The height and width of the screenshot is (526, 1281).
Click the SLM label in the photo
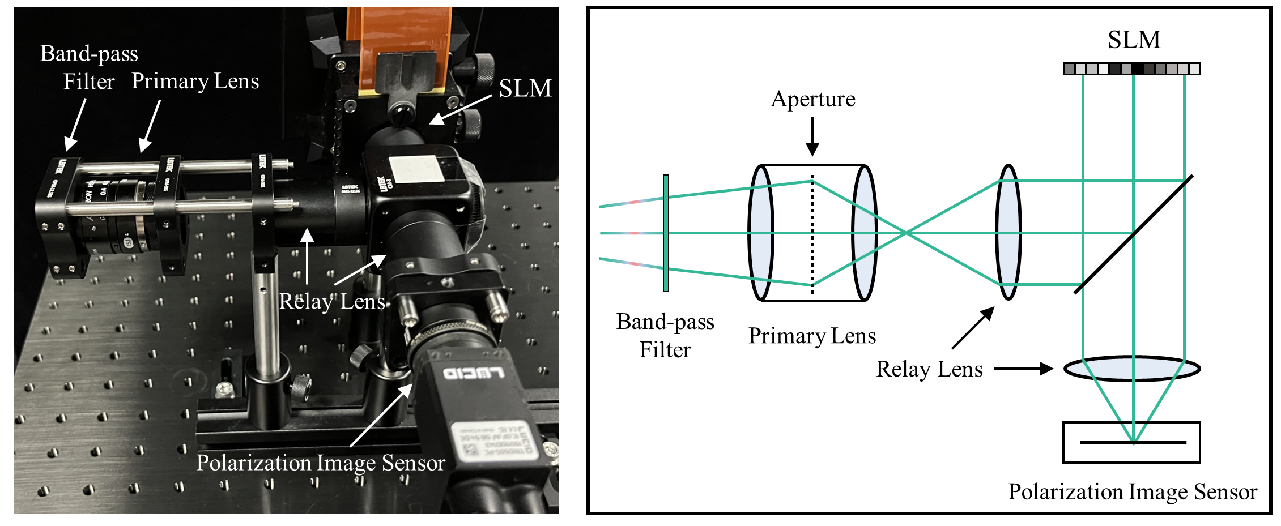click(x=525, y=88)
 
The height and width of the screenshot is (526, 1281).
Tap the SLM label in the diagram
click(x=1134, y=40)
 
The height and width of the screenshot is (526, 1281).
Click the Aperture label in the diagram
click(x=813, y=99)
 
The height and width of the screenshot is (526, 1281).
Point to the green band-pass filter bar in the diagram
click(x=666, y=233)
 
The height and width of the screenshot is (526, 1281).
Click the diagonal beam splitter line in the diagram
click(x=1134, y=234)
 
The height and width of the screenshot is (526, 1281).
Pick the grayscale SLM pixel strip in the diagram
click(x=1131, y=69)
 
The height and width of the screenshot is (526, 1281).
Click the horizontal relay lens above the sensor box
click(x=1132, y=369)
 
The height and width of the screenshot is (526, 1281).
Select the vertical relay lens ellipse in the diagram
click(x=1008, y=232)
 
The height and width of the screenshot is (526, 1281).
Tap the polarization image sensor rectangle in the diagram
click(x=1131, y=442)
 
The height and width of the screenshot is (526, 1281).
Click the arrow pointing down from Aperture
click(x=812, y=136)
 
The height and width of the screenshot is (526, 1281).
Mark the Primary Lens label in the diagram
click(x=812, y=336)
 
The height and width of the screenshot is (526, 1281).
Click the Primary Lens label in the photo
click(x=195, y=81)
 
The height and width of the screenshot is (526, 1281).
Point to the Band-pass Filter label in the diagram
click(x=665, y=335)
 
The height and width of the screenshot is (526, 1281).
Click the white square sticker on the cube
click(x=416, y=169)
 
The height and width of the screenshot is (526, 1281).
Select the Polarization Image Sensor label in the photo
click(x=321, y=463)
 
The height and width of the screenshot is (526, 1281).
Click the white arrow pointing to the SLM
click(x=460, y=108)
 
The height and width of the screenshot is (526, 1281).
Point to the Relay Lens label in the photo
click(x=332, y=301)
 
